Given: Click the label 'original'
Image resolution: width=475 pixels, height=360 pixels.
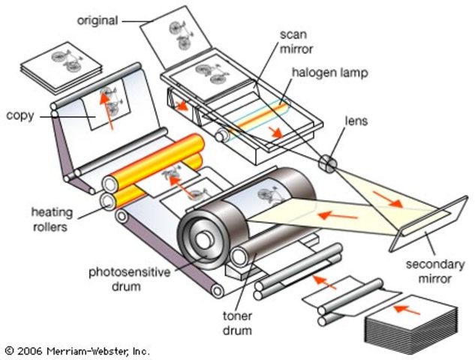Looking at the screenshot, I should [x=97, y=20].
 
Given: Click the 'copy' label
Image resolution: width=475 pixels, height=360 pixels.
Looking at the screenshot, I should [x=19, y=115].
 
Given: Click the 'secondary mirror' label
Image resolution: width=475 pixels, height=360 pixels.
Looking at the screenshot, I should [x=434, y=271].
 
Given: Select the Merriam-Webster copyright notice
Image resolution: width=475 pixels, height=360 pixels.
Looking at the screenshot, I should [x=77, y=350].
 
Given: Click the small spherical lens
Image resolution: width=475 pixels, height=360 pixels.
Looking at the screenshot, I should [x=327, y=163].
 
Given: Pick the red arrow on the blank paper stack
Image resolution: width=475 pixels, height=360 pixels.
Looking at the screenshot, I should [x=408, y=307].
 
